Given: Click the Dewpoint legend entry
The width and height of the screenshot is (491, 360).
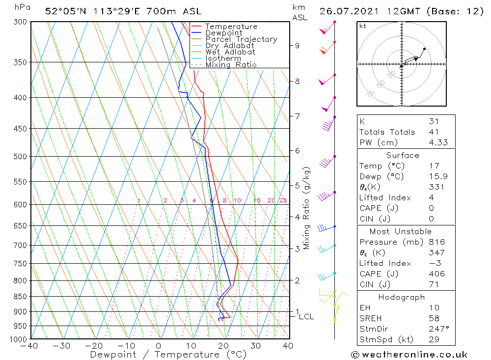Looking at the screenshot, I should (224, 33).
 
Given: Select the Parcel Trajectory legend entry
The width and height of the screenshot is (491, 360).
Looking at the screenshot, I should (241, 39).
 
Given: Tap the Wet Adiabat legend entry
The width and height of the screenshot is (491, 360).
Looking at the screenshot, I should (230, 52).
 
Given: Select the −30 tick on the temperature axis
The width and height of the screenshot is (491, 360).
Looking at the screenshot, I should (61, 346).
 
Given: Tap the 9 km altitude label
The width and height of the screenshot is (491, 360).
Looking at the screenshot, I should (297, 45).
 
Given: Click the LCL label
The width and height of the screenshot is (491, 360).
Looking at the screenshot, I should (306, 317).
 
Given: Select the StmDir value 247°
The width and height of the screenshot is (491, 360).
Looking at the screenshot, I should (436, 329).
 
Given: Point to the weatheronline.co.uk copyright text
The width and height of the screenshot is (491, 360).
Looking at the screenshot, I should (409, 355).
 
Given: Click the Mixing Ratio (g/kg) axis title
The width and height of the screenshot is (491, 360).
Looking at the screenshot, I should (307, 208).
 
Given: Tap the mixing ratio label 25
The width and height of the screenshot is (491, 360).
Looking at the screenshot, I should (283, 200).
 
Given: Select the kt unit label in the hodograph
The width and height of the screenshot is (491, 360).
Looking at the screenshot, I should (363, 26).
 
